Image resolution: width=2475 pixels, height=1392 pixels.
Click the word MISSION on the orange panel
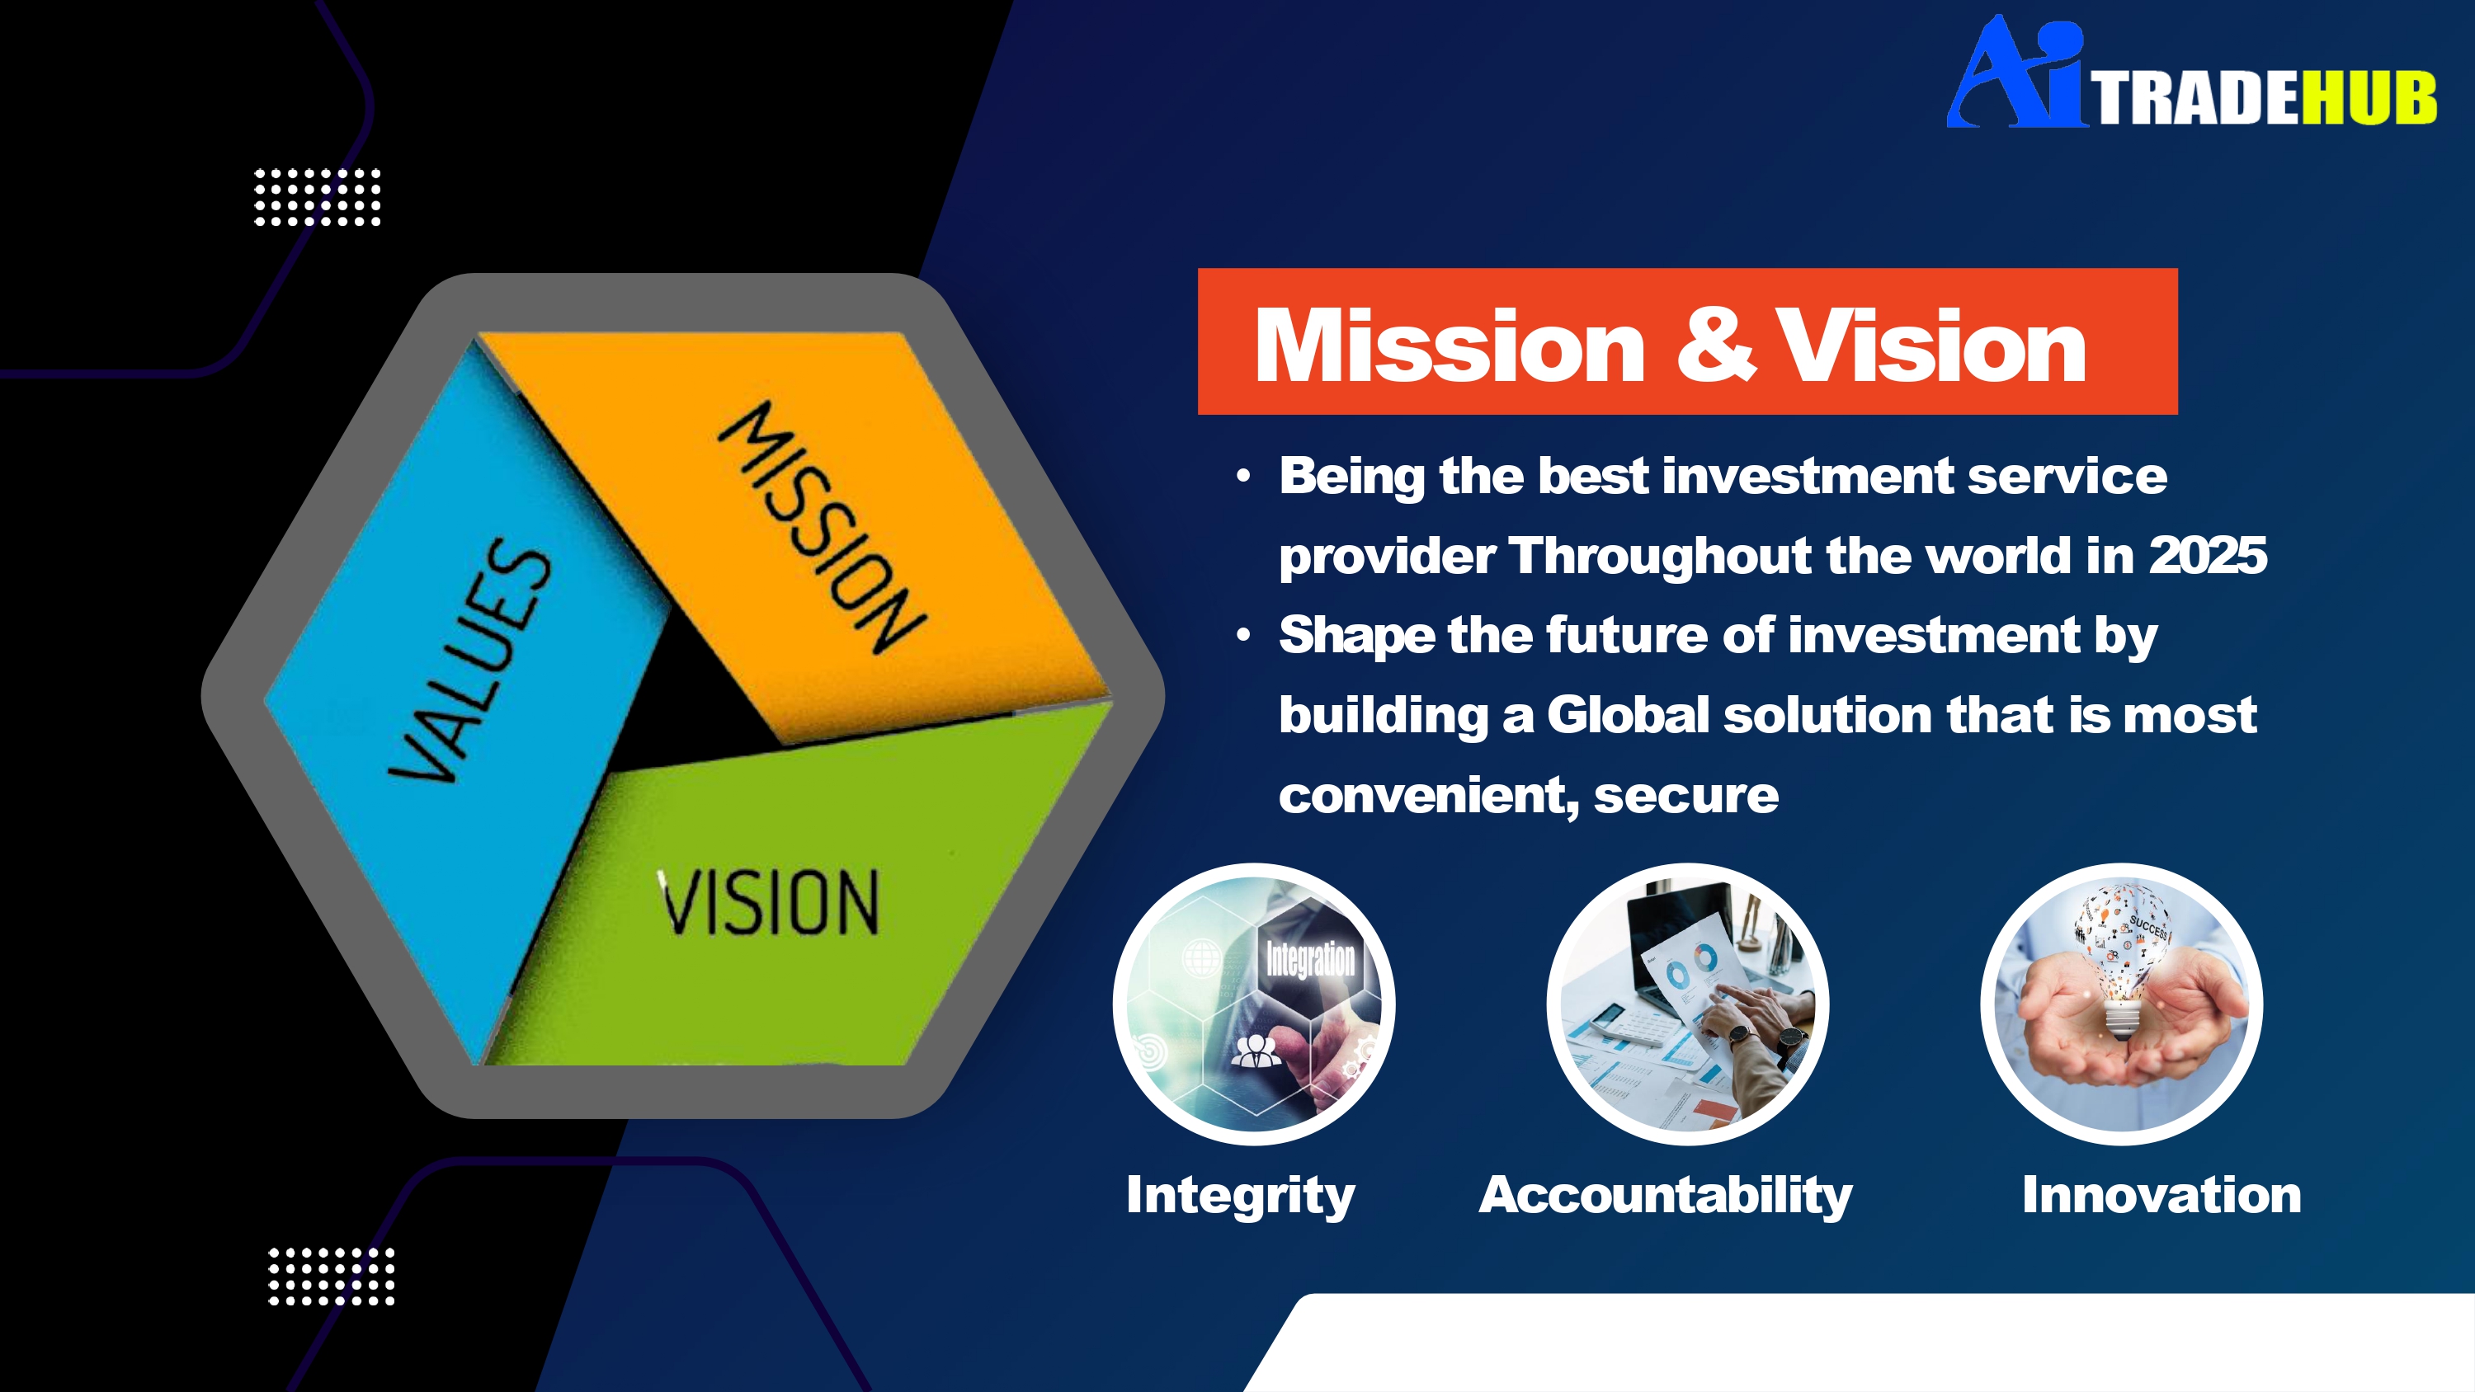[823, 528]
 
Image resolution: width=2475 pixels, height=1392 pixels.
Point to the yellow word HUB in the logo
[2369, 98]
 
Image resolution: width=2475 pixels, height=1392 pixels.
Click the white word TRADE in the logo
[2196, 98]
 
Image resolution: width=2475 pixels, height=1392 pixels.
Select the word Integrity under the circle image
[1240, 1196]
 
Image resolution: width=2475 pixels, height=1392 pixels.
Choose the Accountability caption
[1665, 1196]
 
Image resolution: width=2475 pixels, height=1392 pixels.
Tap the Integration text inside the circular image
[1311, 959]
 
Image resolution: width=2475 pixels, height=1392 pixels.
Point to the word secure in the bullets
[1686, 797]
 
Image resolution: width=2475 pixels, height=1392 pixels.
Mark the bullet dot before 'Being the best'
[1244, 476]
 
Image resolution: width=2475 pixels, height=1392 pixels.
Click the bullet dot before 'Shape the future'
[1244, 635]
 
